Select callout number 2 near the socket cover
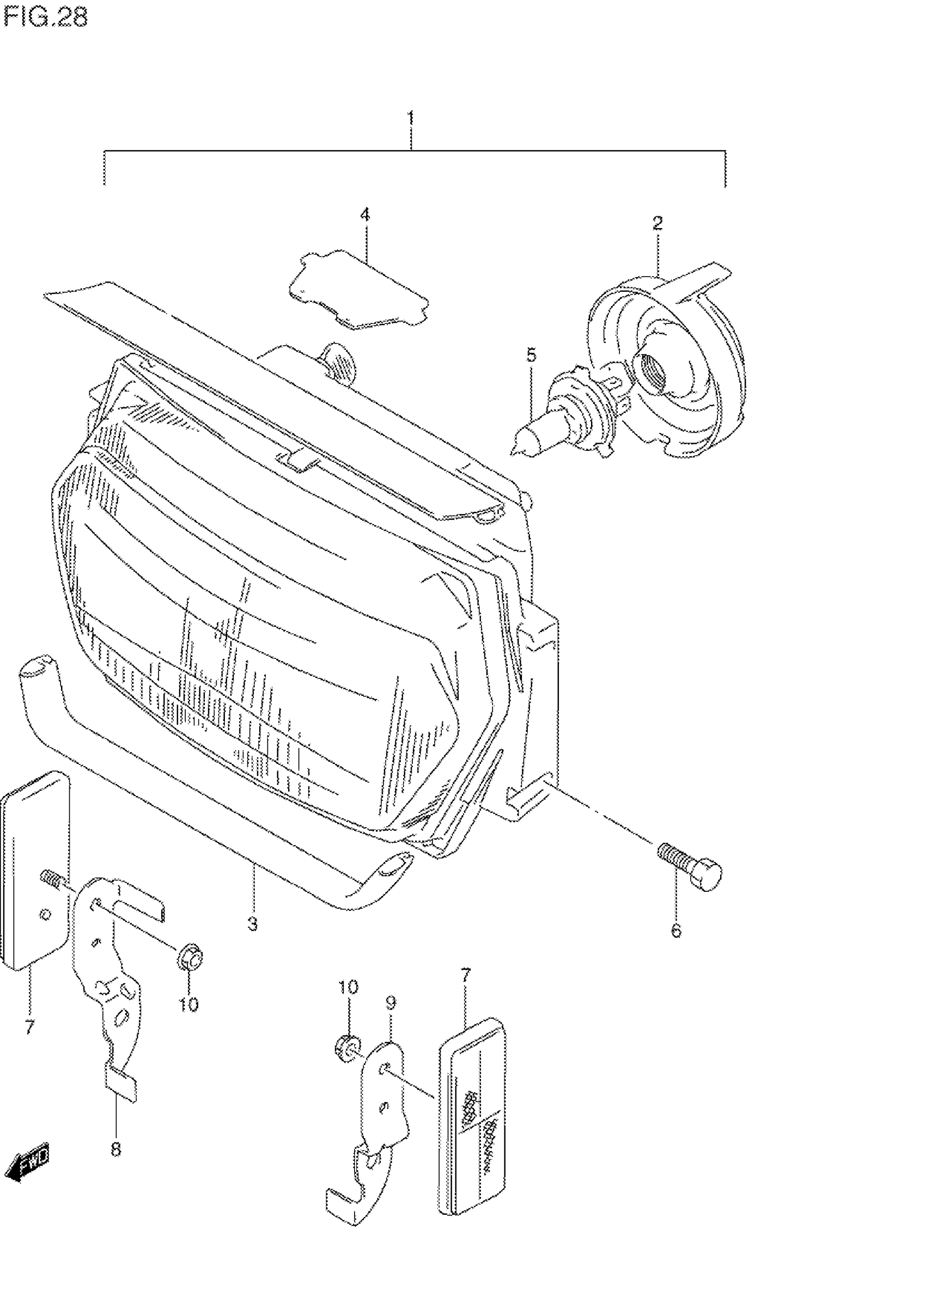pyautogui.click(x=657, y=223)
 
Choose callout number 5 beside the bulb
pyautogui.click(x=531, y=355)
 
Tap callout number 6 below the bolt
pyautogui.click(x=676, y=931)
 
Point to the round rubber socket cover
pyautogui.click(x=668, y=366)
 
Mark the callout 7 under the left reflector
pyautogui.click(x=29, y=1027)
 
